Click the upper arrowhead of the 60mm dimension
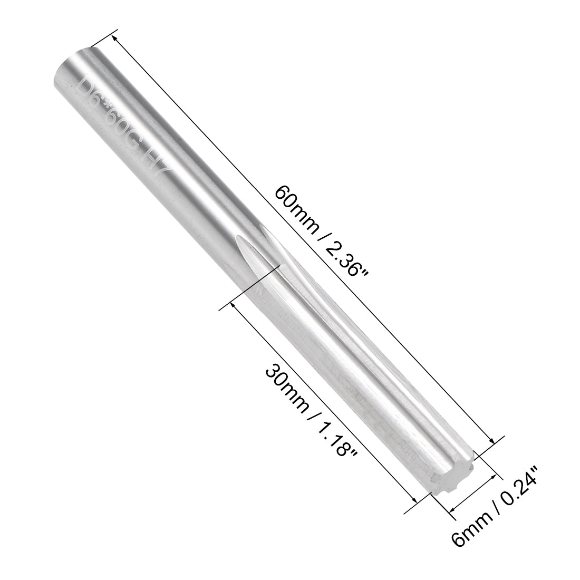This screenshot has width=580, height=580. point(115,38)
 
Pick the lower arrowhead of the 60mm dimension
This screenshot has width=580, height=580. point(492,441)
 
